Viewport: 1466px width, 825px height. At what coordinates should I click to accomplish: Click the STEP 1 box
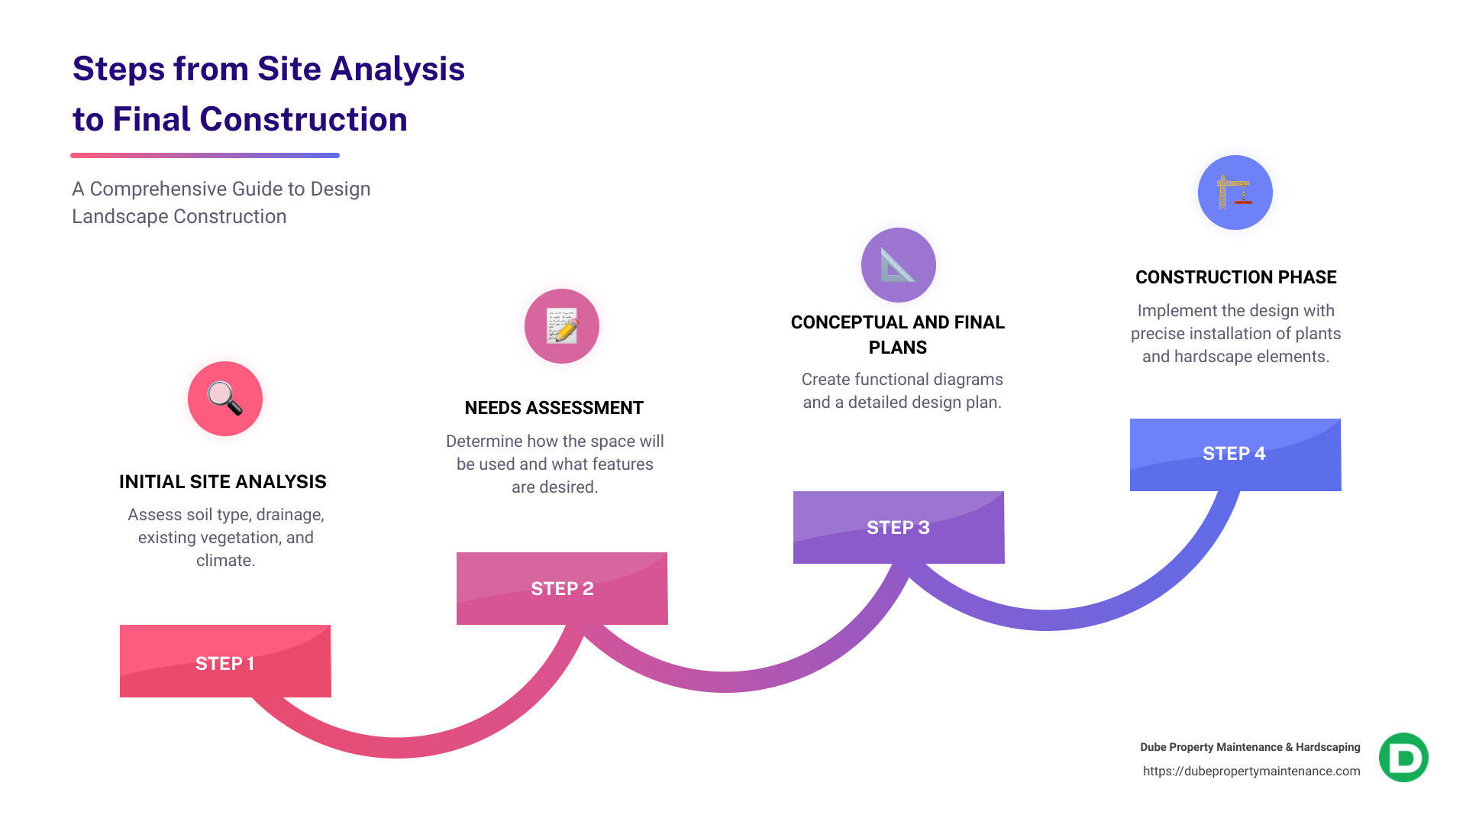click(225, 662)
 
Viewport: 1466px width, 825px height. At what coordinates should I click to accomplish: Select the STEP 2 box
click(562, 588)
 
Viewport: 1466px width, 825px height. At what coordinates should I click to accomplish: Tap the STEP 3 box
click(898, 527)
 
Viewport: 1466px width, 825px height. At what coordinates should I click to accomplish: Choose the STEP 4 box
click(1235, 454)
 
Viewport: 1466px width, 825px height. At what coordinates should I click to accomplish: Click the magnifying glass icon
click(225, 399)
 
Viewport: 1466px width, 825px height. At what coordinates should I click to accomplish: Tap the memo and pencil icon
click(562, 326)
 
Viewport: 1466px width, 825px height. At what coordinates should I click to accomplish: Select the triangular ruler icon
click(898, 265)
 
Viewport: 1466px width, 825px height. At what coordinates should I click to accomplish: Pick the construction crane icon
click(1235, 192)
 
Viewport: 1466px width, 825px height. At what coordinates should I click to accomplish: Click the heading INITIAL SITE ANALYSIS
click(223, 482)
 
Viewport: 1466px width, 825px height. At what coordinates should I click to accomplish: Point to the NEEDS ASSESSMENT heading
click(554, 408)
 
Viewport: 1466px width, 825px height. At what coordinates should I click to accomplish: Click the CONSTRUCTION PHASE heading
click(1235, 277)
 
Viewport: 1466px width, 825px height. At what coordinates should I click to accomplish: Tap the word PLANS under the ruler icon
click(898, 348)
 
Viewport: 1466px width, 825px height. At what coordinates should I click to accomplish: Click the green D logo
click(1403, 758)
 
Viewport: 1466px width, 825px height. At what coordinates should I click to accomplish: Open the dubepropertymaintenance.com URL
click(1251, 772)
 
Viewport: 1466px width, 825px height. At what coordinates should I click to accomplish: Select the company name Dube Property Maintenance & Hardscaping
click(1250, 747)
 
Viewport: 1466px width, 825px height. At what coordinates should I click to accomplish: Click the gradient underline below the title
click(205, 156)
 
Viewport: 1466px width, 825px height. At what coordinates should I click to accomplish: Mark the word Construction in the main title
click(303, 120)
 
